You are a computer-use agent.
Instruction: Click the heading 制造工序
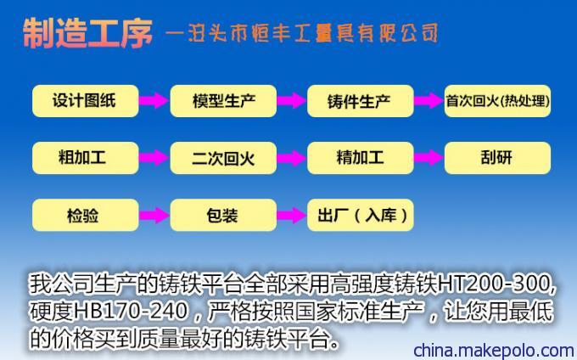(x=87, y=33)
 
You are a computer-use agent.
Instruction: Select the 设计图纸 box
(x=86, y=101)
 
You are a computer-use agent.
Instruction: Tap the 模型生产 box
(x=223, y=101)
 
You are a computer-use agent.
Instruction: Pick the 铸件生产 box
(x=361, y=101)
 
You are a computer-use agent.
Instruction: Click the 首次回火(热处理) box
(x=497, y=101)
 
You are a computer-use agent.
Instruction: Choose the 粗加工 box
(x=86, y=158)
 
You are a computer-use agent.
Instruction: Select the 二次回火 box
(x=223, y=158)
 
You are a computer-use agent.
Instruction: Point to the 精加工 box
(x=361, y=158)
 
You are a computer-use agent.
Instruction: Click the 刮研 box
(x=497, y=158)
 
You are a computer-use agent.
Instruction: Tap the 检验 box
(x=86, y=215)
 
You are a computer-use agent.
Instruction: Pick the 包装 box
(x=223, y=215)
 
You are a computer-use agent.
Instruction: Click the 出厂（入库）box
(x=361, y=215)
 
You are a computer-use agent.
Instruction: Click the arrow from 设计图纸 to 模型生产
(x=154, y=100)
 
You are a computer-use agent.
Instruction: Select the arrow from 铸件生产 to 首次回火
(x=429, y=100)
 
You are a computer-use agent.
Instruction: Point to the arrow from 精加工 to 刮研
(x=429, y=158)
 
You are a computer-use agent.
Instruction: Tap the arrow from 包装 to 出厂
(x=292, y=215)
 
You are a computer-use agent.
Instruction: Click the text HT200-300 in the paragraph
(x=494, y=284)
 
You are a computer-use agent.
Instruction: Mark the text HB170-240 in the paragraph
(x=131, y=312)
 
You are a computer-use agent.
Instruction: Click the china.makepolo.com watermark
(x=494, y=350)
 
